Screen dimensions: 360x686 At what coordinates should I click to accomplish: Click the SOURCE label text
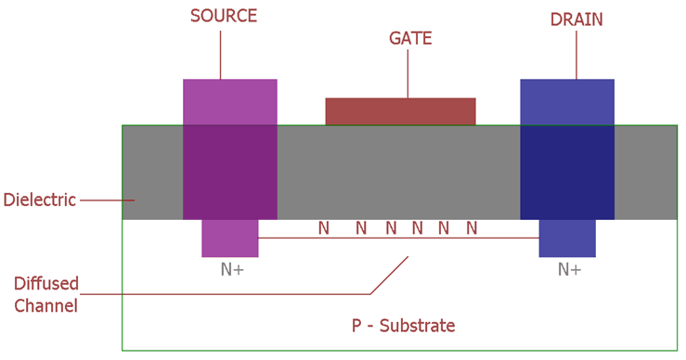pyautogui.click(x=223, y=16)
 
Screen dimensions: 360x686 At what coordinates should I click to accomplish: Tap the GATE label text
pyautogui.click(x=410, y=39)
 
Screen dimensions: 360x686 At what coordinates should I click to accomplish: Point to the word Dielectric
pyautogui.click(x=39, y=199)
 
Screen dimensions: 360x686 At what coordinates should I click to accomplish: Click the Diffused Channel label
pyautogui.click(x=45, y=294)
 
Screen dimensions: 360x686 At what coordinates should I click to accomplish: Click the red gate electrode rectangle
pyautogui.click(x=400, y=111)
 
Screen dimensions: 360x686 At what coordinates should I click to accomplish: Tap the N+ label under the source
pyautogui.click(x=230, y=269)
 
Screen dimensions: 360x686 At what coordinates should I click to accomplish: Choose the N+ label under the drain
pyautogui.click(x=569, y=269)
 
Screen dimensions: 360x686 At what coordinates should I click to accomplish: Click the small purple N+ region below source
pyautogui.click(x=229, y=238)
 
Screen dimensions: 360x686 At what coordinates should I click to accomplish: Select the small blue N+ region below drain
pyautogui.click(x=567, y=238)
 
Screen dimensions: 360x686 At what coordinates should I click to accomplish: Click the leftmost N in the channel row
pyautogui.click(x=324, y=228)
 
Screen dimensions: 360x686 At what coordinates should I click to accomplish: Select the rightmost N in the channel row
pyautogui.click(x=472, y=228)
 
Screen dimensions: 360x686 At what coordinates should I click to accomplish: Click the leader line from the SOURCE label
pyautogui.click(x=220, y=54)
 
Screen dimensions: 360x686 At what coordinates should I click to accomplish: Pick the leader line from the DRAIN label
pyautogui.click(x=576, y=54)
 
